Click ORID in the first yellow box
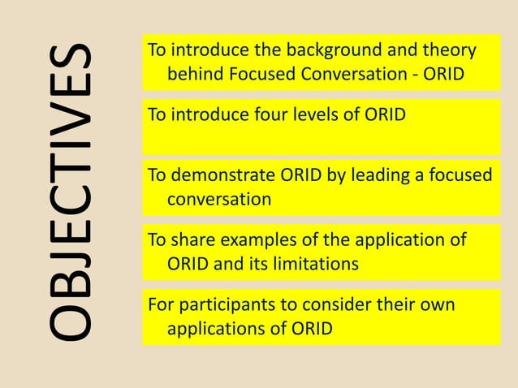coord(446,75)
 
